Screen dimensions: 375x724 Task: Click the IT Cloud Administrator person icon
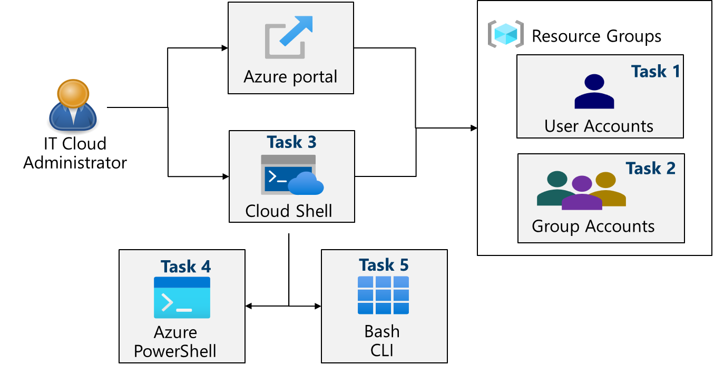[x=73, y=105]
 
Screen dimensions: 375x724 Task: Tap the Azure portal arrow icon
[x=289, y=36]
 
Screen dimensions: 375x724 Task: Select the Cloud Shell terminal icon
[x=291, y=175]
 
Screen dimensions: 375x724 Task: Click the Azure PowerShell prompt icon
[x=182, y=298]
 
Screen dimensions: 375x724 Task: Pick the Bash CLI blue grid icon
[x=383, y=295]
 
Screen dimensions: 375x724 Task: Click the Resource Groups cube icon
[x=505, y=34]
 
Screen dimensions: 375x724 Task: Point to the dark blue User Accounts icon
[x=594, y=92]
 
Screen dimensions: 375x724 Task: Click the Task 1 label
[x=655, y=71]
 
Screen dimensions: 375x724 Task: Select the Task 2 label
[x=650, y=168]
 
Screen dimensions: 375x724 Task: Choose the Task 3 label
[x=291, y=142]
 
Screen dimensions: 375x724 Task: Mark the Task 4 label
[x=185, y=267]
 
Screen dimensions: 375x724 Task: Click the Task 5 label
[x=383, y=265]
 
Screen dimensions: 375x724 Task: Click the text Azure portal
[x=290, y=77]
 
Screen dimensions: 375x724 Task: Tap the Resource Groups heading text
[x=596, y=36]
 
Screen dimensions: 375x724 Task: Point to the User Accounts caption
[x=599, y=126]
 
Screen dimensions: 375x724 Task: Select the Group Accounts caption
[x=593, y=226]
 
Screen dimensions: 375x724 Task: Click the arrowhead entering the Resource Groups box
[x=474, y=128]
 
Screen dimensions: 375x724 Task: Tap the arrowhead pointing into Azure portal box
[x=224, y=48]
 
